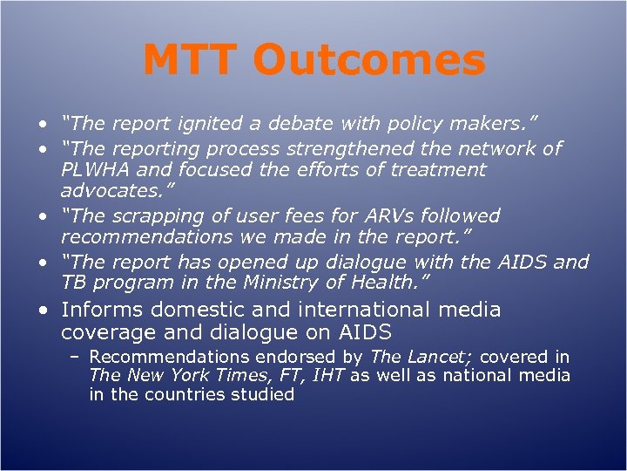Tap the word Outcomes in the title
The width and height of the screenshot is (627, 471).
372,61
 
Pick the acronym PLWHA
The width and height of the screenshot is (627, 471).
93,169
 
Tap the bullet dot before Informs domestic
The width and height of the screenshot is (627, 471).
43,311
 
